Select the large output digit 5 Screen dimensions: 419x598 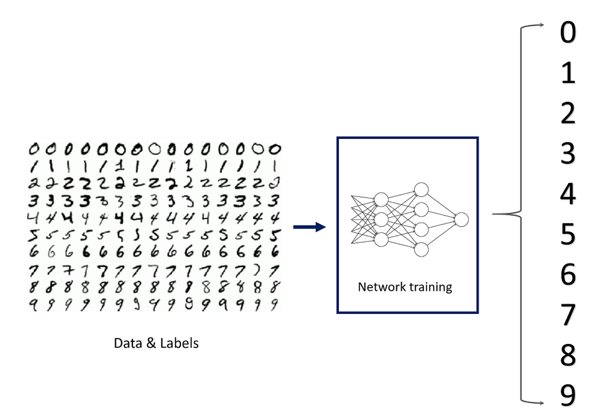pyautogui.click(x=568, y=234)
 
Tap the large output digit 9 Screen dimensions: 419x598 pyautogui.click(x=568, y=396)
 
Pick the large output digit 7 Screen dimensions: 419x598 pyautogui.click(x=568, y=315)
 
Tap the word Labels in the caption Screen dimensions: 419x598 pyautogui.click(x=179, y=343)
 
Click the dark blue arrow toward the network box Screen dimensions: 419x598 pyautogui.click(x=309, y=227)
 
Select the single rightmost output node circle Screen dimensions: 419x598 pyautogui.click(x=461, y=219)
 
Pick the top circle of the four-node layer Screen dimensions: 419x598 pyautogui.click(x=421, y=190)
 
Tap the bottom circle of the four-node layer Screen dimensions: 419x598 pyautogui.click(x=421, y=249)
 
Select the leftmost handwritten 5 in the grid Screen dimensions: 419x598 pyautogui.click(x=34, y=234)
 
